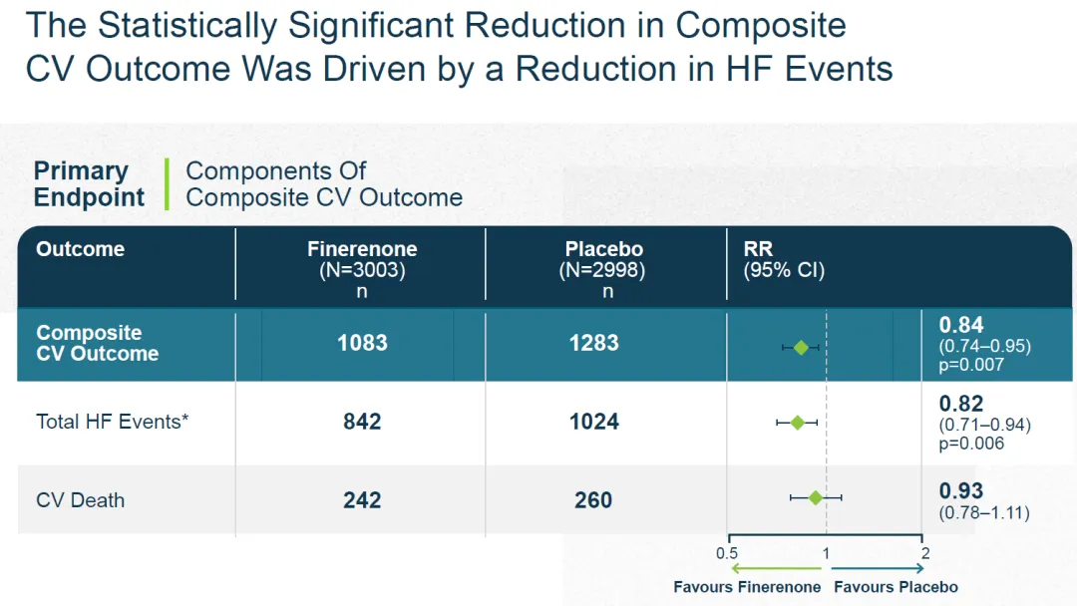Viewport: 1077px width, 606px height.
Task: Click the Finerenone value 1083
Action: [x=362, y=343]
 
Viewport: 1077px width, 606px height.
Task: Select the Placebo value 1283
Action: [x=594, y=343]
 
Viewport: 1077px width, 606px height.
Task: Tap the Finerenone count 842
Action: [x=362, y=422]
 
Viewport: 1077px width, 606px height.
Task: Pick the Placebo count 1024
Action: [x=594, y=422]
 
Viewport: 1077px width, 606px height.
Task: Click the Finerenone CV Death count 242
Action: [x=362, y=499]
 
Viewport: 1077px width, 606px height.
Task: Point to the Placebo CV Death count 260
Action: [x=593, y=499]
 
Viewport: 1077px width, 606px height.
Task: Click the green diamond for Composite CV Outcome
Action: [x=801, y=347]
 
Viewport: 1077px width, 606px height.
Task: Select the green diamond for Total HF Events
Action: [x=797, y=423]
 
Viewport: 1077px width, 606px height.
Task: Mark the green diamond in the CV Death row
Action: [x=816, y=496]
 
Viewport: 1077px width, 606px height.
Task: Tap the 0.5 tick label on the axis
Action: [x=727, y=553]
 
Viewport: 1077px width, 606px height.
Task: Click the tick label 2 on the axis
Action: [x=924, y=553]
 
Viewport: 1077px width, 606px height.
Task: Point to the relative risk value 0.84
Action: [x=961, y=325]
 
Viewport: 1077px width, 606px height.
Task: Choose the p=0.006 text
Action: [x=971, y=444]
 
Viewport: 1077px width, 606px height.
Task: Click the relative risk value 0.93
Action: [x=961, y=491]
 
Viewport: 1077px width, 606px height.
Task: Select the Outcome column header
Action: [x=80, y=249]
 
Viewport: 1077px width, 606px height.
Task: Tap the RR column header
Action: [x=758, y=249]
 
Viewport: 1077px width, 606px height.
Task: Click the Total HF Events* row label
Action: [x=113, y=422]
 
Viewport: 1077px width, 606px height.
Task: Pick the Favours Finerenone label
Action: [x=747, y=587]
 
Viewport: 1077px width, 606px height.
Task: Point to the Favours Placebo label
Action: [x=896, y=587]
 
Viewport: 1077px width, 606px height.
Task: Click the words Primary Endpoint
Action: [x=89, y=184]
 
